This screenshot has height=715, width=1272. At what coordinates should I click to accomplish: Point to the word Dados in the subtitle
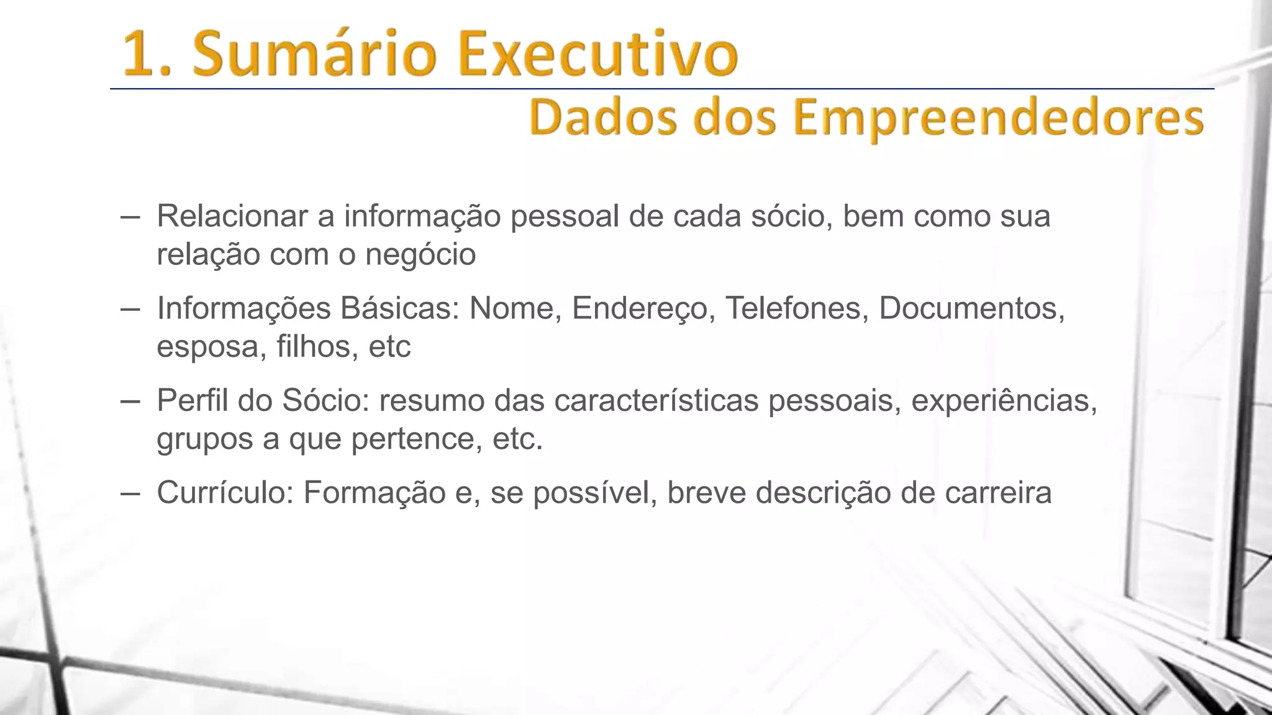point(603,118)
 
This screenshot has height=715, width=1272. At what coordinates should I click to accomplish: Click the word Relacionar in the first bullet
point(232,216)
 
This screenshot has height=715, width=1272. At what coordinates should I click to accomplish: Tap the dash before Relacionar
point(130,217)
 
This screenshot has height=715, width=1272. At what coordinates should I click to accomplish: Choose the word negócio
point(420,254)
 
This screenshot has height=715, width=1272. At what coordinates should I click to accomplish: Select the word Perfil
point(193,400)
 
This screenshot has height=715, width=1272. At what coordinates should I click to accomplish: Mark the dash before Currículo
point(130,494)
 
